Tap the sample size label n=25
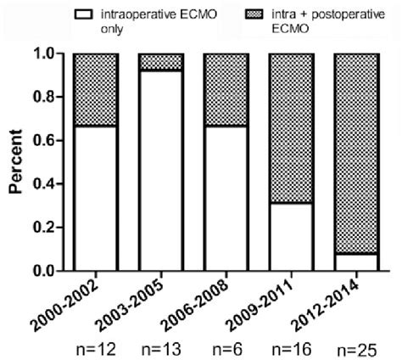pyautogui.click(x=356, y=346)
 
